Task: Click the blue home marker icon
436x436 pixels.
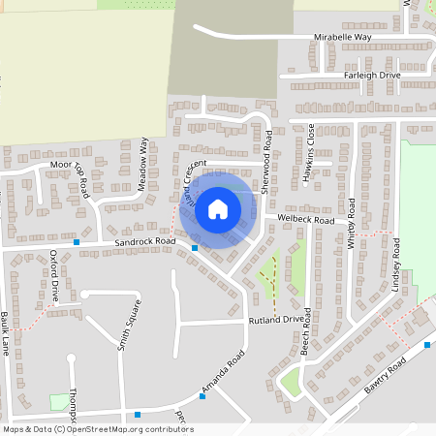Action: pyautogui.click(x=218, y=207)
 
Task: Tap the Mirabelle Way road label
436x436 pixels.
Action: pyautogui.click(x=343, y=37)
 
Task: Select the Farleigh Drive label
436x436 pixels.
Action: pyautogui.click(x=370, y=75)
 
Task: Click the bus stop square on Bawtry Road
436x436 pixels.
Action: pyautogui.click(x=427, y=345)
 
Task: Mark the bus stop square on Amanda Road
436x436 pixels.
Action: pyautogui.click(x=202, y=395)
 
